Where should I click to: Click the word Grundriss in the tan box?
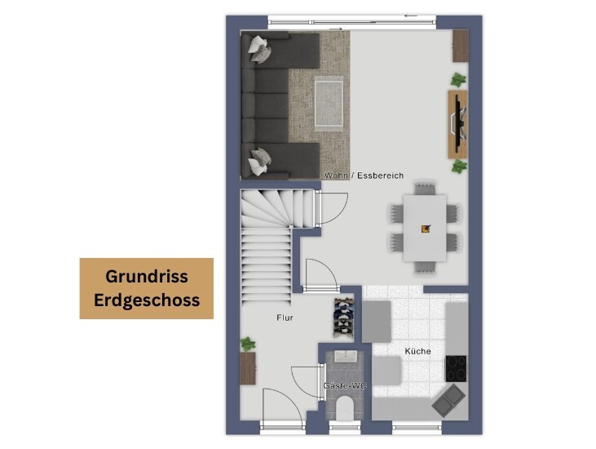(147, 277)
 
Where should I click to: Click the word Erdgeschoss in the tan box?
(147, 300)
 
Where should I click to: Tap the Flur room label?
(284, 318)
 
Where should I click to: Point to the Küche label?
(418, 351)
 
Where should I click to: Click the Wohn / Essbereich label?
(364, 176)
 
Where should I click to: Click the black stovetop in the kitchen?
(456, 367)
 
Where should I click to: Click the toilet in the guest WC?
(345, 407)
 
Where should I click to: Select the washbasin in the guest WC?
(344, 358)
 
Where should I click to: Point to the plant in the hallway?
(247, 344)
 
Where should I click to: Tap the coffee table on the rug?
(329, 102)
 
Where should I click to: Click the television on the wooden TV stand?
(459, 122)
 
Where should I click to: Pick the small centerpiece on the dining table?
(425, 229)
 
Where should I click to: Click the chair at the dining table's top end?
(425, 189)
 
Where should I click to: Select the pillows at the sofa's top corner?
(260, 49)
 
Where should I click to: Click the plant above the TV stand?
(459, 80)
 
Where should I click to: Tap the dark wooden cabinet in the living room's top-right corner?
(461, 46)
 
